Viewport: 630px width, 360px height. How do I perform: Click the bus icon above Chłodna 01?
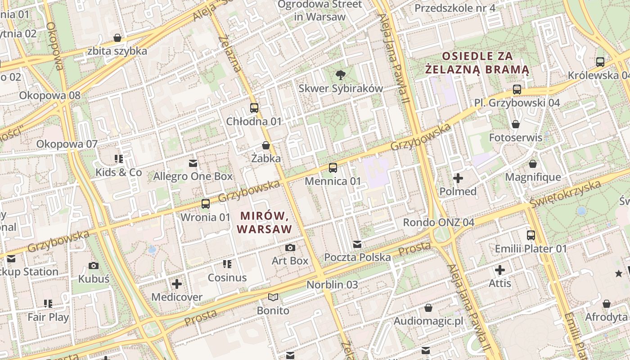coord(254,108)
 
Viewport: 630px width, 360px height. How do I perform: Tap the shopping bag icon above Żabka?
coord(266,145)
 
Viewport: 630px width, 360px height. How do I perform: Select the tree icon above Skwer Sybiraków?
coord(341,75)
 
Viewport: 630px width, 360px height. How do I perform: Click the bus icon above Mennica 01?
coord(333,168)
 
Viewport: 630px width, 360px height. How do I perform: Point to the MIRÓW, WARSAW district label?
coord(265,223)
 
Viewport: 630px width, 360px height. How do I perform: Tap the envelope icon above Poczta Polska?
coord(357,244)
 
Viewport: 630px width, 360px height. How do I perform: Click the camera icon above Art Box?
coord(290,247)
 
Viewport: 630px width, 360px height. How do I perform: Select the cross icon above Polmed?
coord(458,178)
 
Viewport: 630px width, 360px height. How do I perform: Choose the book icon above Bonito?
coord(273,297)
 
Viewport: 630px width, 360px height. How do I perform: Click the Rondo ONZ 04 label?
coord(438,222)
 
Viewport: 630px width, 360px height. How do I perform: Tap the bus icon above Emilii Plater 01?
coord(531,235)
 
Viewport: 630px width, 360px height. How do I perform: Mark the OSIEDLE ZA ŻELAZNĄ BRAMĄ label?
coord(477,63)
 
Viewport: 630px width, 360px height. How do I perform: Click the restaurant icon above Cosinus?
coord(227,264)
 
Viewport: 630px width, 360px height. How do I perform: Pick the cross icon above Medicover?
coord(177,284)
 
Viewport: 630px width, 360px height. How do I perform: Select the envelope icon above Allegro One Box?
coord(193,163)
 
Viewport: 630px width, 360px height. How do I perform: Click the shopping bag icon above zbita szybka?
coord(117,38)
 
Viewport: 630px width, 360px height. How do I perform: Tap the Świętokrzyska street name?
coord(565,194)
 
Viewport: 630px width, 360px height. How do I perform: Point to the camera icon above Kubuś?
coord(94,265)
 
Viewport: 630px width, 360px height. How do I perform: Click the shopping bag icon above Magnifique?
coord(533,164)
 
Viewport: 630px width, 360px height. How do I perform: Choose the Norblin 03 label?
coord(332,284)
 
